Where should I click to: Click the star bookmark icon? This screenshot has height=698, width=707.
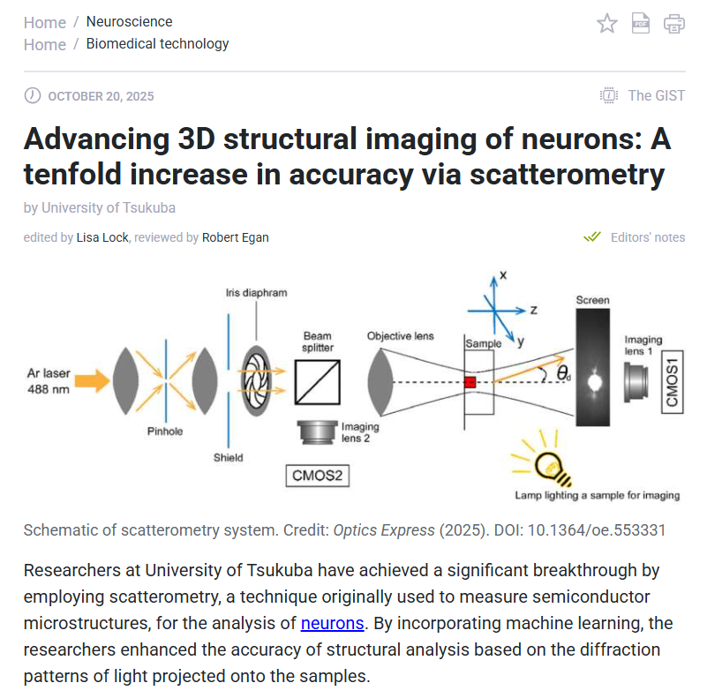[x=607, y=24]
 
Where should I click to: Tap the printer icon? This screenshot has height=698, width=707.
[x=674, y=24]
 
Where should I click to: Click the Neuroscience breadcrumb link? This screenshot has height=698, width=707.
[x=129, y=22]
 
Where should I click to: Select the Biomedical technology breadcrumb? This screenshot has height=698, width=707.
[x=157, y=44]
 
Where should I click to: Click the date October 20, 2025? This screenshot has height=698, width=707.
[x=101, y=96]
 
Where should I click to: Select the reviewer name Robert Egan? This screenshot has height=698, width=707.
[x=236, y=237]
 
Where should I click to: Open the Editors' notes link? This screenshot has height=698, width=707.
[x=647, y=237]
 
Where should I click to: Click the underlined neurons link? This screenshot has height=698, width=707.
[x=332, y=623]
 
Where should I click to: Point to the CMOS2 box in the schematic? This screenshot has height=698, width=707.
[x=317, y=477]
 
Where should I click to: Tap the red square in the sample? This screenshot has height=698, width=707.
[x=470, y=382]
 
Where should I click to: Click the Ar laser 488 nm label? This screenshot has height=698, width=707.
[x=49, y=380]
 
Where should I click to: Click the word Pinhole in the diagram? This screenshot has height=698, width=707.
[x=165, y=432]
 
